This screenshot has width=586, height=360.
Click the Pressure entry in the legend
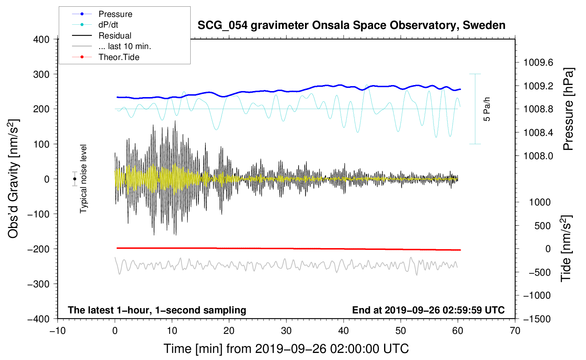point(115,14)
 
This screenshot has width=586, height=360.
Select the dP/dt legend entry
point(108,25)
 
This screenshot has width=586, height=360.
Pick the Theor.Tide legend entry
point(119,57)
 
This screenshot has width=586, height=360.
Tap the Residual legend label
point(115,36)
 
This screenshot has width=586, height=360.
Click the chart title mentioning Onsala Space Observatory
point(351,25)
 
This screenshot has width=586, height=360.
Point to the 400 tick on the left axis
point(41,40)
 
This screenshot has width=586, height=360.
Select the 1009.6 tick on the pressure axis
point(538,63)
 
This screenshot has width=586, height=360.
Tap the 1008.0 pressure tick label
point(538,156)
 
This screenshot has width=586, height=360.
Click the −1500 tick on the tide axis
point(537,319)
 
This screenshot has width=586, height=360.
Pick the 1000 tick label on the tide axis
point(540,202)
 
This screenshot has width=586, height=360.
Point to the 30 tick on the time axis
point(286,331)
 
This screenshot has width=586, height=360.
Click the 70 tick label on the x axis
point(515,331)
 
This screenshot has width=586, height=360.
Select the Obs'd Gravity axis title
point(13,179)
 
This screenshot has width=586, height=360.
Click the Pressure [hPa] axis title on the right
point(568,109)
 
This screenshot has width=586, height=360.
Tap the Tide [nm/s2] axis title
point(566,248)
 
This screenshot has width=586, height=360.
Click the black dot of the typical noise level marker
point(74,179)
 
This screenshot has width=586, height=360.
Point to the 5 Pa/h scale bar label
point(487,109)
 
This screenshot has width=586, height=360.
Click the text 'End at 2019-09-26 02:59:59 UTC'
point(428,310)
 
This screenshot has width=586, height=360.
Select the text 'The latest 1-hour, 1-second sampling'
point(157,310)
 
